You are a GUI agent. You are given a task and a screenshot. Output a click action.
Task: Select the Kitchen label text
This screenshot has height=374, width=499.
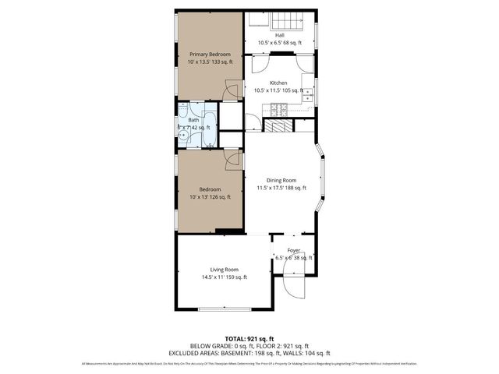[x=279, y=83]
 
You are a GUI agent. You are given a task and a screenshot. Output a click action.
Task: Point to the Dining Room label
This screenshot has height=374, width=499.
[x=281, y=180]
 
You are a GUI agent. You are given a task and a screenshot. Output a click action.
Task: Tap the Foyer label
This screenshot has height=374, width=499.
[x=293, y=250]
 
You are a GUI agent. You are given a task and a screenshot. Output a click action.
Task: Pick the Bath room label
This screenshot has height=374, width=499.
[x=193, y=120]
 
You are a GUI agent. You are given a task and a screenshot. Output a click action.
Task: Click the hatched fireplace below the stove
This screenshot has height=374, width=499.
[x=276, y=125]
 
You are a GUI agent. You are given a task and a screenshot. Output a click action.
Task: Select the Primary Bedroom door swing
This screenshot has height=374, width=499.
[x=231, y=93]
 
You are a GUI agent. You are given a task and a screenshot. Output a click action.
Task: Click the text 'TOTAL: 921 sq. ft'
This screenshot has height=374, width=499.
[x=249, y=338]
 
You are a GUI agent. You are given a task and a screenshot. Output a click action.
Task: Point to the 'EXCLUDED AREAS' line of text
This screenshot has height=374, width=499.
[x=249, y=352]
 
